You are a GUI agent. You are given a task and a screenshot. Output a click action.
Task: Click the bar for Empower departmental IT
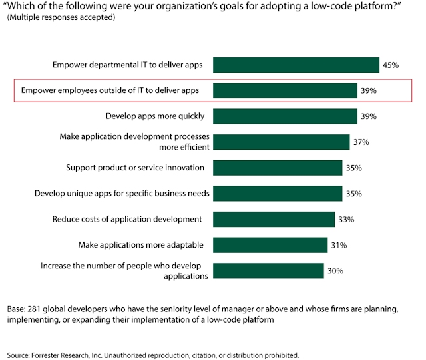(x=296, y=65)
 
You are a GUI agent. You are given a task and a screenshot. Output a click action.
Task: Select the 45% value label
(x=390, y=65)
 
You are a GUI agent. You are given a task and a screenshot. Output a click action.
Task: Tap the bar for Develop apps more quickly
(x=286, y=116)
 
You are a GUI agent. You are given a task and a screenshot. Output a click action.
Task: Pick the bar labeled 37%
(x=282, y=142)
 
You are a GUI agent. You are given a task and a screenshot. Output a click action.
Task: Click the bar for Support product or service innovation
(x=278, y=168)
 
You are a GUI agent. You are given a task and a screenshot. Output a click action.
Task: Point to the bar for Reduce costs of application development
(x=274, y=219)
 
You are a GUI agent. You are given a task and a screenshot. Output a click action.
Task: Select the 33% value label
(x=345, y=220)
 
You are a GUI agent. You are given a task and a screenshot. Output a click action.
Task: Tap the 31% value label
(x=339, y=246)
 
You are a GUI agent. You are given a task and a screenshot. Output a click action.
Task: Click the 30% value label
(x=334, y=271)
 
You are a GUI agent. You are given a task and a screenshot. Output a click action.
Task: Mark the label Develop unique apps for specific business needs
(x=122, y=194)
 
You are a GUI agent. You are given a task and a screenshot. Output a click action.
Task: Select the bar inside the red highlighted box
(x=286, y=90)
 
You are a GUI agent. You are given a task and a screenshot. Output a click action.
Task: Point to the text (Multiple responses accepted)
(x=61, y=17)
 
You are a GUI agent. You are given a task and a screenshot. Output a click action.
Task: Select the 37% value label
(x=361, y=142)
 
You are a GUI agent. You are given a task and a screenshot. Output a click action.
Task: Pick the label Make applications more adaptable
(x=142, y=245)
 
